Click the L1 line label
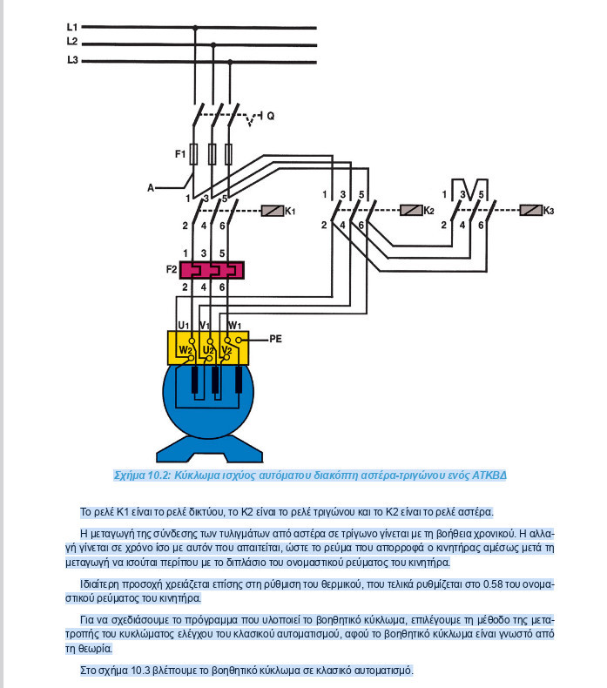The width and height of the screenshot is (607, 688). [x=72, y=27]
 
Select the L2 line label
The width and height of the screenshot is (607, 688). [x=72, y=42]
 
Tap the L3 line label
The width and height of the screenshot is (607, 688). [x=72, y=59]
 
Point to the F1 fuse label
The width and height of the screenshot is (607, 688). [x=180, y=154]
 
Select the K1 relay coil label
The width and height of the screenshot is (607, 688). [x=291, y=211]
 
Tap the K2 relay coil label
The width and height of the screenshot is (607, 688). [x=428, y=211]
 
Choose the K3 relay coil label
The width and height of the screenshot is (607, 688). [x=548, y=211]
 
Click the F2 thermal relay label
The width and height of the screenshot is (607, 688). [x=172, y=269]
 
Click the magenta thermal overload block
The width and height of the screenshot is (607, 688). [x=212, y=269]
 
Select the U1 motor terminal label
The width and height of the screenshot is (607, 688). [x=184, y=325]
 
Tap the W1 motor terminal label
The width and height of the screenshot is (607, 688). [x=234, y=325]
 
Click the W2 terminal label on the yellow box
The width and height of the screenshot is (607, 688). [x=185, y=350]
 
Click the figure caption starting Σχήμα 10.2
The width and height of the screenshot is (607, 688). [x=310, y=476]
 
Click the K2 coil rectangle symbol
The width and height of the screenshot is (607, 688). [x=410, y=211]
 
